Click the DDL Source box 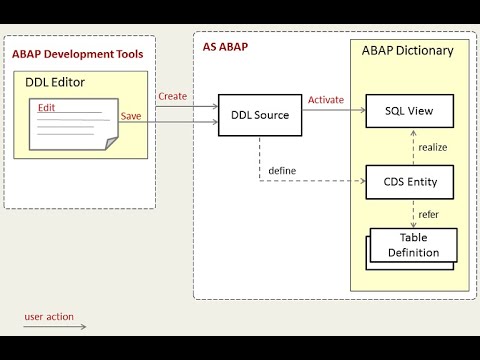tap(260, 115)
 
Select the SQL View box tap(408, 111)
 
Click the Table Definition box tap(413, 245)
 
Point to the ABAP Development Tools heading tap(77, 53)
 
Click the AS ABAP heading tap(225, 47)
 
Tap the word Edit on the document tap(46, 106)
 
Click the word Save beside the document tap(130, 116)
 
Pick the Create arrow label tap(173, 96)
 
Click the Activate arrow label tap(327, 100)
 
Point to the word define tap(281, 170)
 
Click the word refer tap(428, 213)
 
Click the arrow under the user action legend tap(55, 326)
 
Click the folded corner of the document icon tap(112, 144)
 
